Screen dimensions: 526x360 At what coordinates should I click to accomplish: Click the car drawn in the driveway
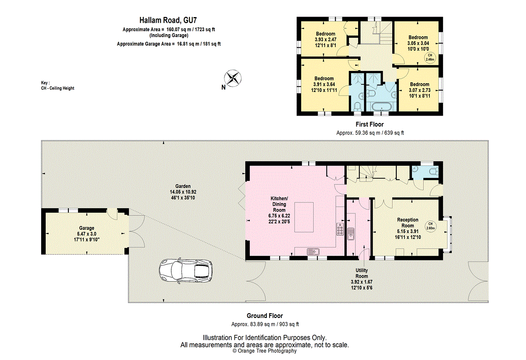pos(186,271)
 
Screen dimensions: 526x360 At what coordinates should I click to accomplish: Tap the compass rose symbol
pos(232,78)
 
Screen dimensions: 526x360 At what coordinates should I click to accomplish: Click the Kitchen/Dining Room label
pos(279,210)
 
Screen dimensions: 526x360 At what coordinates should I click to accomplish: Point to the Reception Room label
pos(408,228)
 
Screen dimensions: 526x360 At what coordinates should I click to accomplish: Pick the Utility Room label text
pos(362,273)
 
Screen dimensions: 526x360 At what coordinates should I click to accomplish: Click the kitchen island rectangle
pos(304,217)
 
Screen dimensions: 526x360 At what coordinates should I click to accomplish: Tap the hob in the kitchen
pos(340,229)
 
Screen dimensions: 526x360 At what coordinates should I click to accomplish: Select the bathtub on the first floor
pos(382,107)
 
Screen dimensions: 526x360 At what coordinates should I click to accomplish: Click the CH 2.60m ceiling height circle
pos(430,226)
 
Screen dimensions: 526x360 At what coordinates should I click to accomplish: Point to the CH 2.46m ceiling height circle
pos(430,57)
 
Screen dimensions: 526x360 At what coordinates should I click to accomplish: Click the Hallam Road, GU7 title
pos(168,20)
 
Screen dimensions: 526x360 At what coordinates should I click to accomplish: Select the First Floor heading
pos(370,124)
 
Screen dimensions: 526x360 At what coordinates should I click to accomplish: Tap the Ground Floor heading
pos(265,316)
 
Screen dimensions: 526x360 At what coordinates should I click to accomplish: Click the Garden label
pos(183,186)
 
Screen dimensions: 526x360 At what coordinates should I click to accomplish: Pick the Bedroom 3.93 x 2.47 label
pos(325,39)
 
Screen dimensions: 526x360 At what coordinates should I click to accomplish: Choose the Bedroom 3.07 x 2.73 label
pos(419,90)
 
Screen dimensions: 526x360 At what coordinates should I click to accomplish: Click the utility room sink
pos(351,234)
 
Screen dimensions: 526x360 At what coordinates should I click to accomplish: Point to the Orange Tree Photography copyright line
pos(265,351)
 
